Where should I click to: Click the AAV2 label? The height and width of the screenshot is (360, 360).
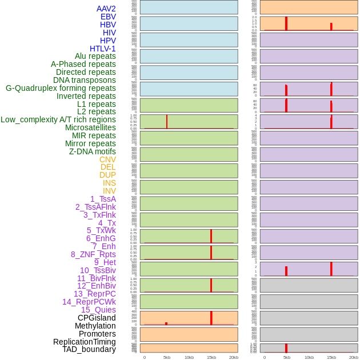(x=106, y=9)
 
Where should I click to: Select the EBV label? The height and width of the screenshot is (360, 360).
(x=108, y=17)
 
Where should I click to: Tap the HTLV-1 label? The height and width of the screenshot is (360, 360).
(x=102, y=49)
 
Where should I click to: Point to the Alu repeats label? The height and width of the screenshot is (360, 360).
(x=95, y=56)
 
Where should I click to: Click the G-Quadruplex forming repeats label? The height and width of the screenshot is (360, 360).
(x=61, y=88)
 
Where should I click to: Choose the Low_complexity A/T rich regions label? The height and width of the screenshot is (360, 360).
(x=58, y=119)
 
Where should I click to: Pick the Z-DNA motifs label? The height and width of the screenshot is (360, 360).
(x=92, y=151)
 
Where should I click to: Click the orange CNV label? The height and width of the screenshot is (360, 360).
(x=107, y=159)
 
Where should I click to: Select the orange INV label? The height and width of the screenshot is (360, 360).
(x=109, y=191)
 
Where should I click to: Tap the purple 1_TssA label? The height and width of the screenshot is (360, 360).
(x=103, y=199)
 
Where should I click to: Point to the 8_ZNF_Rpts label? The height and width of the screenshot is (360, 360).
(x=93, y=254)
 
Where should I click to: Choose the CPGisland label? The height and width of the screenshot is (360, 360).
(x=97, y=318)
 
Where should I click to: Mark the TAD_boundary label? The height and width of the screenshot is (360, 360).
(x=89, y=349)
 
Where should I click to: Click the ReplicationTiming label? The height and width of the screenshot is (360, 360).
(x=84, y=342)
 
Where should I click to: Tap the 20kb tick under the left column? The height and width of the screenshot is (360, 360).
(x=234, y=357)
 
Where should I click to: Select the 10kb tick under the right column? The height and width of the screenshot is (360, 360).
(x=309, y=357)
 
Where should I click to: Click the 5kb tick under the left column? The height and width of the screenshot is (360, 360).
(x=167, y=357)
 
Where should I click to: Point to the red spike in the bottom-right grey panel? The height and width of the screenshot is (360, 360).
(x=286, y=348)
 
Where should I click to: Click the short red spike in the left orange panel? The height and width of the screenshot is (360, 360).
(x=166, y=323)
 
